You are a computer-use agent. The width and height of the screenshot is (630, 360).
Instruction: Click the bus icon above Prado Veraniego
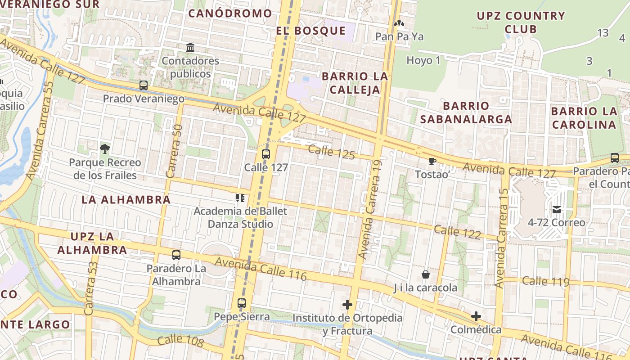click(x=144, y=85)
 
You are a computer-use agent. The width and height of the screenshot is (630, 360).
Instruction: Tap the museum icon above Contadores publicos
click(x=190, y=47)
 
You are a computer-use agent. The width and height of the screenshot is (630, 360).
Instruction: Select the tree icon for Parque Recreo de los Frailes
click(x=105, y=148)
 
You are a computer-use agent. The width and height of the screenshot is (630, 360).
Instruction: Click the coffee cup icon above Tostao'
click(x=432, y=161)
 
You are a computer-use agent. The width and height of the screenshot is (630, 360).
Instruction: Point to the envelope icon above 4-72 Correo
click(x=557, y=209)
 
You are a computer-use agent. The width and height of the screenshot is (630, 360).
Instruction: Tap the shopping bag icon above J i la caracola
click(x=425, y=274)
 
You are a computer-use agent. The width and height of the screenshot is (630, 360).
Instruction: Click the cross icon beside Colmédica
click(x=476, y=316)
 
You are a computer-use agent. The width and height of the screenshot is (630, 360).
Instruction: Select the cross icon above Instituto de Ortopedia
click(x=347, y=305)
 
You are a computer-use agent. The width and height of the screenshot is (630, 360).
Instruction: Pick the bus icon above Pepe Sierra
click(x=242, y=303)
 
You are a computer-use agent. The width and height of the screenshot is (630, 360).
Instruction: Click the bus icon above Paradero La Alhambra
click(x=176, y=255)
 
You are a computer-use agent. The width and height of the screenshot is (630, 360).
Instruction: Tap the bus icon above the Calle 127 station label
click(x=266, y=154)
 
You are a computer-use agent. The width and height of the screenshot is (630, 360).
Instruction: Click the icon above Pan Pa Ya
click(x=399, y=23)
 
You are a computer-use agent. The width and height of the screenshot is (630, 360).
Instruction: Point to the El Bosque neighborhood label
click(x=311, y=31)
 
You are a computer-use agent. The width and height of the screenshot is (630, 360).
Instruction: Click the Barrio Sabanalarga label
click(x=466, y=112)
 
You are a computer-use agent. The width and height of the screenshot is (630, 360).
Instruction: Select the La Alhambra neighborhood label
click(x=126, y=200)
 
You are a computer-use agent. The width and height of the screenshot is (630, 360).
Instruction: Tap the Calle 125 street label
click(x=332, y=152)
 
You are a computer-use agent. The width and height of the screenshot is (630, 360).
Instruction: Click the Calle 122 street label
click(x=458, y=232)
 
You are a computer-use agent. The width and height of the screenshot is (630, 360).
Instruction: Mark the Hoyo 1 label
click(x=423, y=60)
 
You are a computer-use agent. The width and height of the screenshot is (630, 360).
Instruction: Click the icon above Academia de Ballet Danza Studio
click(x=240, y=198)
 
